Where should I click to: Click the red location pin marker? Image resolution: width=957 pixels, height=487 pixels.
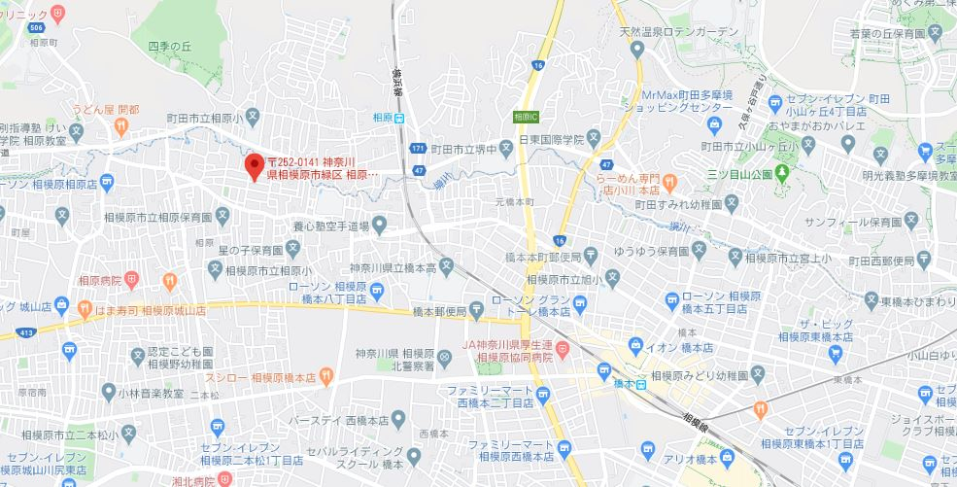pos(255,163)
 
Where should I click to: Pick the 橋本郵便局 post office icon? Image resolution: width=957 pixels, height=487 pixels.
pos(475,311)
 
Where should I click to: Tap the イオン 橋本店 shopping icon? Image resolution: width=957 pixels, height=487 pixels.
pos(635,346)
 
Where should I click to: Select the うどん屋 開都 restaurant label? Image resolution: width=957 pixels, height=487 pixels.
pos(108,109)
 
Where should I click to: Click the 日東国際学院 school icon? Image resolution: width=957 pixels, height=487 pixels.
pos(592,140)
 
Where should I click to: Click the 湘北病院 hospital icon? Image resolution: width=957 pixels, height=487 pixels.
pos(224,478)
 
